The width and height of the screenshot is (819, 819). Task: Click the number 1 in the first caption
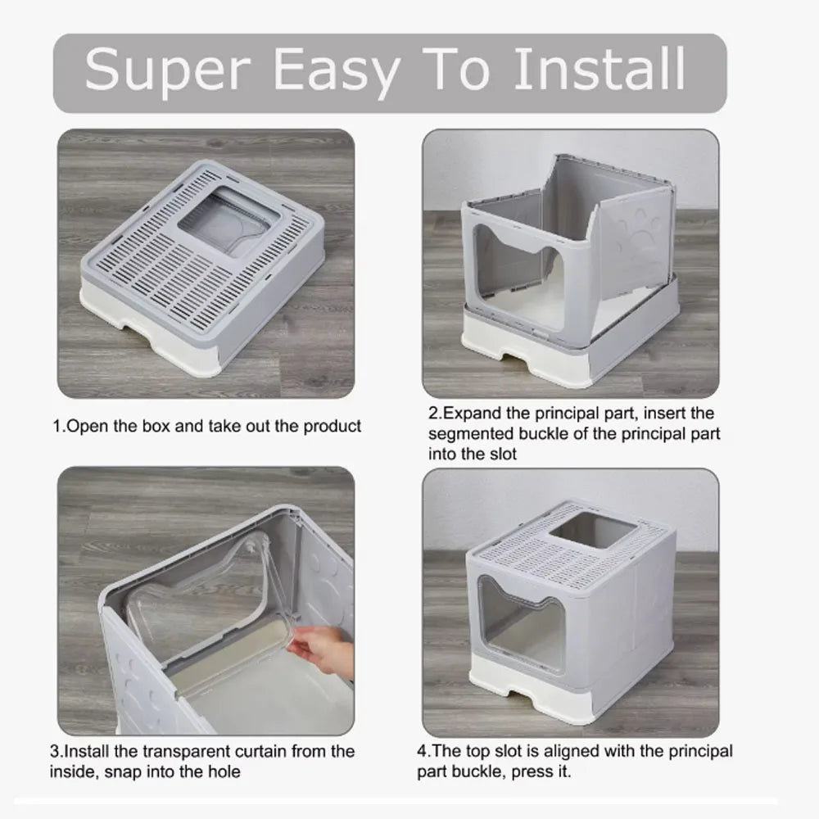(x=57, y=427)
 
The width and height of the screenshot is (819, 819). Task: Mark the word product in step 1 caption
(x=333, y=427)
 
